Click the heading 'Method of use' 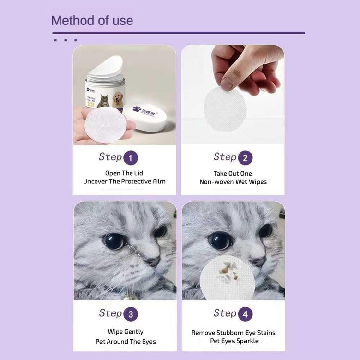pyautogui.click(x=92, y=21)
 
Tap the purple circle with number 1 pyautogui.click(x=131, y=158)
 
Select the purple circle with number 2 pyautogui.click(x=245, y=158)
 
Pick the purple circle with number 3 pyautogui.click(x=131, y=314)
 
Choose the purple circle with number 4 pyautogui.click(x=245, y=314)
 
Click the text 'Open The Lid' pyautogui.click(x=124, y=173)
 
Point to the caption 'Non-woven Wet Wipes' pyautogui.click(x=233, y=182)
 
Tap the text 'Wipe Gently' pyautogui.click(x=125, y=331)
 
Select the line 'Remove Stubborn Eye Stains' pyautogui.click(x=233, y=332)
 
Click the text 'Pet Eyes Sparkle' pyautogui.click(x=234, y=341)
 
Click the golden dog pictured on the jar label pyautogui.click(x=118, y=99)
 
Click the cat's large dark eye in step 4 pyautogui.click(x=221, y=240)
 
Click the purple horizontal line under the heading pyautogui.click(x=179, y=33)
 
